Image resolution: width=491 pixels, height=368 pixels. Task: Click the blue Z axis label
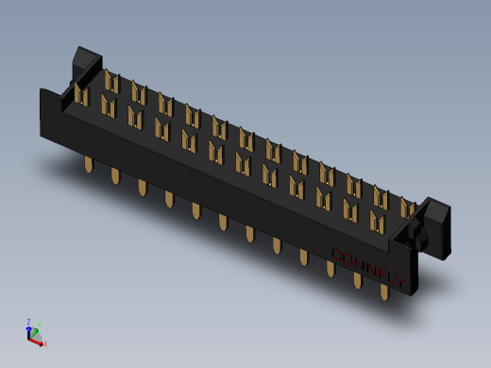pos(28,321)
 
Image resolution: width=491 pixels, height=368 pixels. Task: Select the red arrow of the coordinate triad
pos(39,340)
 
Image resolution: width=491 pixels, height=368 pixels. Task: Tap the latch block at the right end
pos(435,222)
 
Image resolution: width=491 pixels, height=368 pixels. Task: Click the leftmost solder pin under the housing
pos(89,167)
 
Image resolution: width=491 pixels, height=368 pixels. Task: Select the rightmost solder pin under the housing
pos(384,291)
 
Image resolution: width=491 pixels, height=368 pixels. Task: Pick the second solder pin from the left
pos(115,177)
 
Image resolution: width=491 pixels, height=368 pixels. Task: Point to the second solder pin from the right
pos(358,280)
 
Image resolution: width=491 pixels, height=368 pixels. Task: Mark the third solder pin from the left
pos(143,189)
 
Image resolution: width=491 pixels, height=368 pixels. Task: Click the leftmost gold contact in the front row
pos(81,96)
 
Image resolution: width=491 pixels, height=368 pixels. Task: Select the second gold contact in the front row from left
pos(108,107)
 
